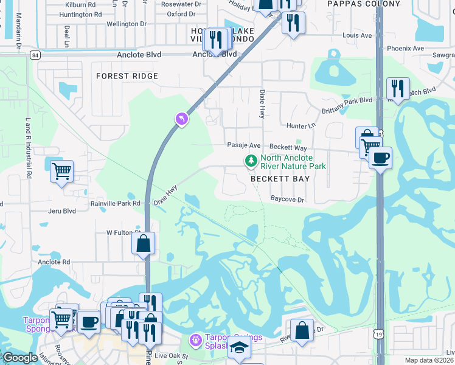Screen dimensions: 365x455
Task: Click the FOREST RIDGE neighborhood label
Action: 127,76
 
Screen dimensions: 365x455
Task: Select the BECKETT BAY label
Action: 280,179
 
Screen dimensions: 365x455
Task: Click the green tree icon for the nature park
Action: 249,161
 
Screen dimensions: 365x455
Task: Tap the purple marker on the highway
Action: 181,119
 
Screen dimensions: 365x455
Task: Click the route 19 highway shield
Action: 380,335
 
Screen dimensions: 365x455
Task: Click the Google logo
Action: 19,358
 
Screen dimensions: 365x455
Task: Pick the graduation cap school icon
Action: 239,349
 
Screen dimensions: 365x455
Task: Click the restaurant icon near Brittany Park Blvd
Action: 398,88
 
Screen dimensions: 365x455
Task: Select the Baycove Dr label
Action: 287,199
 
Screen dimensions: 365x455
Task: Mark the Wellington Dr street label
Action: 127,24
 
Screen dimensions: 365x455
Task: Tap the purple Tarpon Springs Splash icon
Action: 195,339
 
